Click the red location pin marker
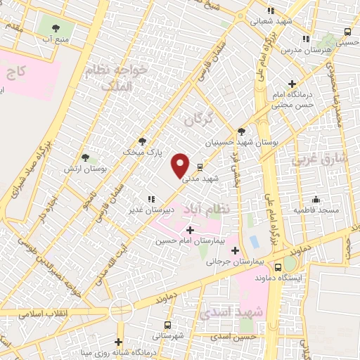[181, 165]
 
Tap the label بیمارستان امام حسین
[189, 240]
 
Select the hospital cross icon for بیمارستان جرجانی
[235, 251]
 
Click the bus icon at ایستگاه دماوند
[278, 267]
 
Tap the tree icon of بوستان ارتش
[85, 158]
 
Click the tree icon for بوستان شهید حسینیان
[241, 131]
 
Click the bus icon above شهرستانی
[167, 325]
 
